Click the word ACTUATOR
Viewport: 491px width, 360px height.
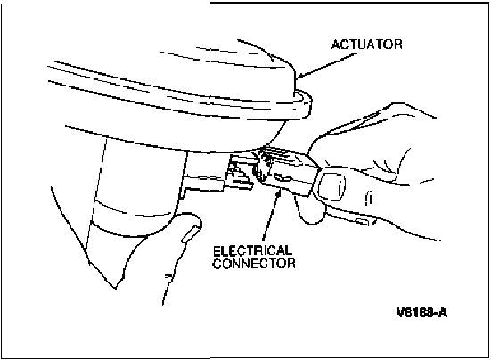(366, 45)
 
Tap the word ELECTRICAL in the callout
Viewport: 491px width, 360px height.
(252, 250)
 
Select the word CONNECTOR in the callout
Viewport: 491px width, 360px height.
(254, 263)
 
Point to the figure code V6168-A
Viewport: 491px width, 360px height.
(421, 313)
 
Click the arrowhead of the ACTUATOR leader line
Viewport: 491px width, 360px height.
(300, 76)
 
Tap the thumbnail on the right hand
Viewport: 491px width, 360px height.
(331, 187)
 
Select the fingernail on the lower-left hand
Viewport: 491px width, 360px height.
(191, 233)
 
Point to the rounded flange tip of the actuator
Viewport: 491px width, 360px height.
(306, 105)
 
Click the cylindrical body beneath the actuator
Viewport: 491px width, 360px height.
(138, 184)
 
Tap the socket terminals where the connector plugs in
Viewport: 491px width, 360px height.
(241, 172)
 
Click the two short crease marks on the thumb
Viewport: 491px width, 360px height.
(369, 199)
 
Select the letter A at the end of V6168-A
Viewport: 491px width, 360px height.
(443, 313)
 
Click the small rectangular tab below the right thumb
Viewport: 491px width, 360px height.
(364, 221)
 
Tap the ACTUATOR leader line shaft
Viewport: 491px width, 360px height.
(329, 64)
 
